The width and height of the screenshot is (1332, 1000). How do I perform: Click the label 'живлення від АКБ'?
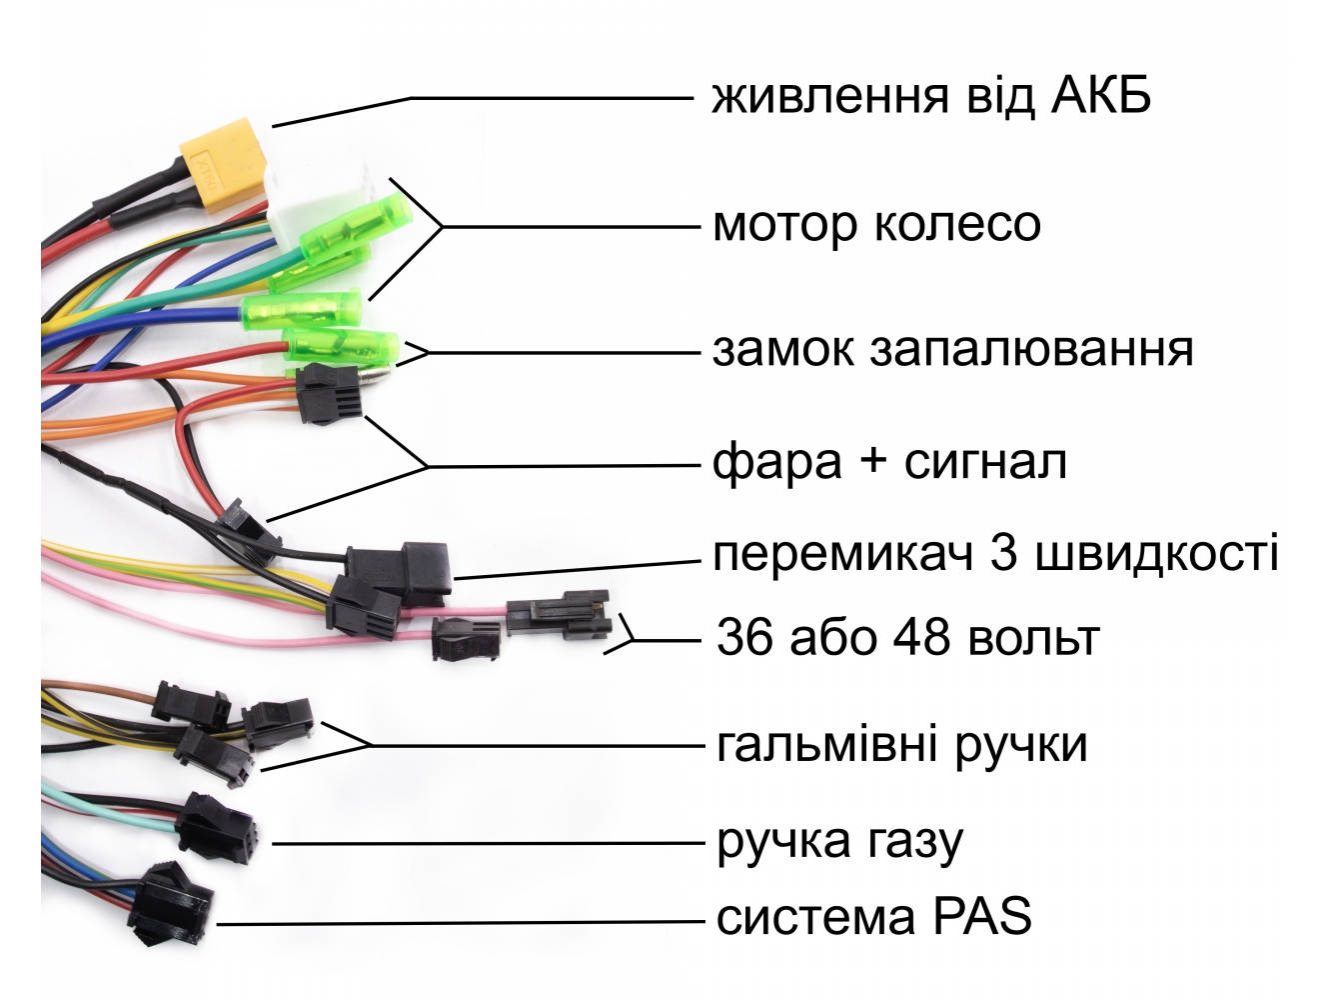931,97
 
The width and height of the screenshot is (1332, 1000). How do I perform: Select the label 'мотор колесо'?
876,224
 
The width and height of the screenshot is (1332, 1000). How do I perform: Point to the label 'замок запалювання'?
952,350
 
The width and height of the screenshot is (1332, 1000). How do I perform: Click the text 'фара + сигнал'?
889,462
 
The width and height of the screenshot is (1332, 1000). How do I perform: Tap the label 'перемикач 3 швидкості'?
995,553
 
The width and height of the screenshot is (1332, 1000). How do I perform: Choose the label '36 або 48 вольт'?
907,637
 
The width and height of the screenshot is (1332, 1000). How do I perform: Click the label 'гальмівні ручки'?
901,744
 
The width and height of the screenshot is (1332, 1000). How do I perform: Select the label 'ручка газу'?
839,842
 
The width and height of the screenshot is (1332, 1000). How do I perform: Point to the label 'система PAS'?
873,917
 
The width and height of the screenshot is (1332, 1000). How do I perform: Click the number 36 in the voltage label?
744,637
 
